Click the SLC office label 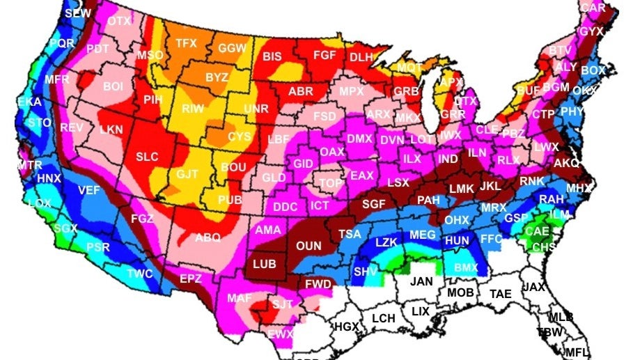tap(147, 157)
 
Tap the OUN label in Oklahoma tap(309, 245)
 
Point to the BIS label tap(272, 56)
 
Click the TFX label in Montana tap(186, 43)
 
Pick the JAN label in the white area tap(421, 281)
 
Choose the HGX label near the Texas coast tap(346, 326)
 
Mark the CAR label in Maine tap(593, 8)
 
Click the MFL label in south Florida tap(576, 352)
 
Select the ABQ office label tap(208, 237)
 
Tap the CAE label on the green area tap(537, 231)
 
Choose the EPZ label tap(190, 279)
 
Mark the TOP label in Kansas tap(330, 182)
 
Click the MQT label tap(410, 67)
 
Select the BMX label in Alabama tap(465, 266)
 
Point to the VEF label tap(88, 190)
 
